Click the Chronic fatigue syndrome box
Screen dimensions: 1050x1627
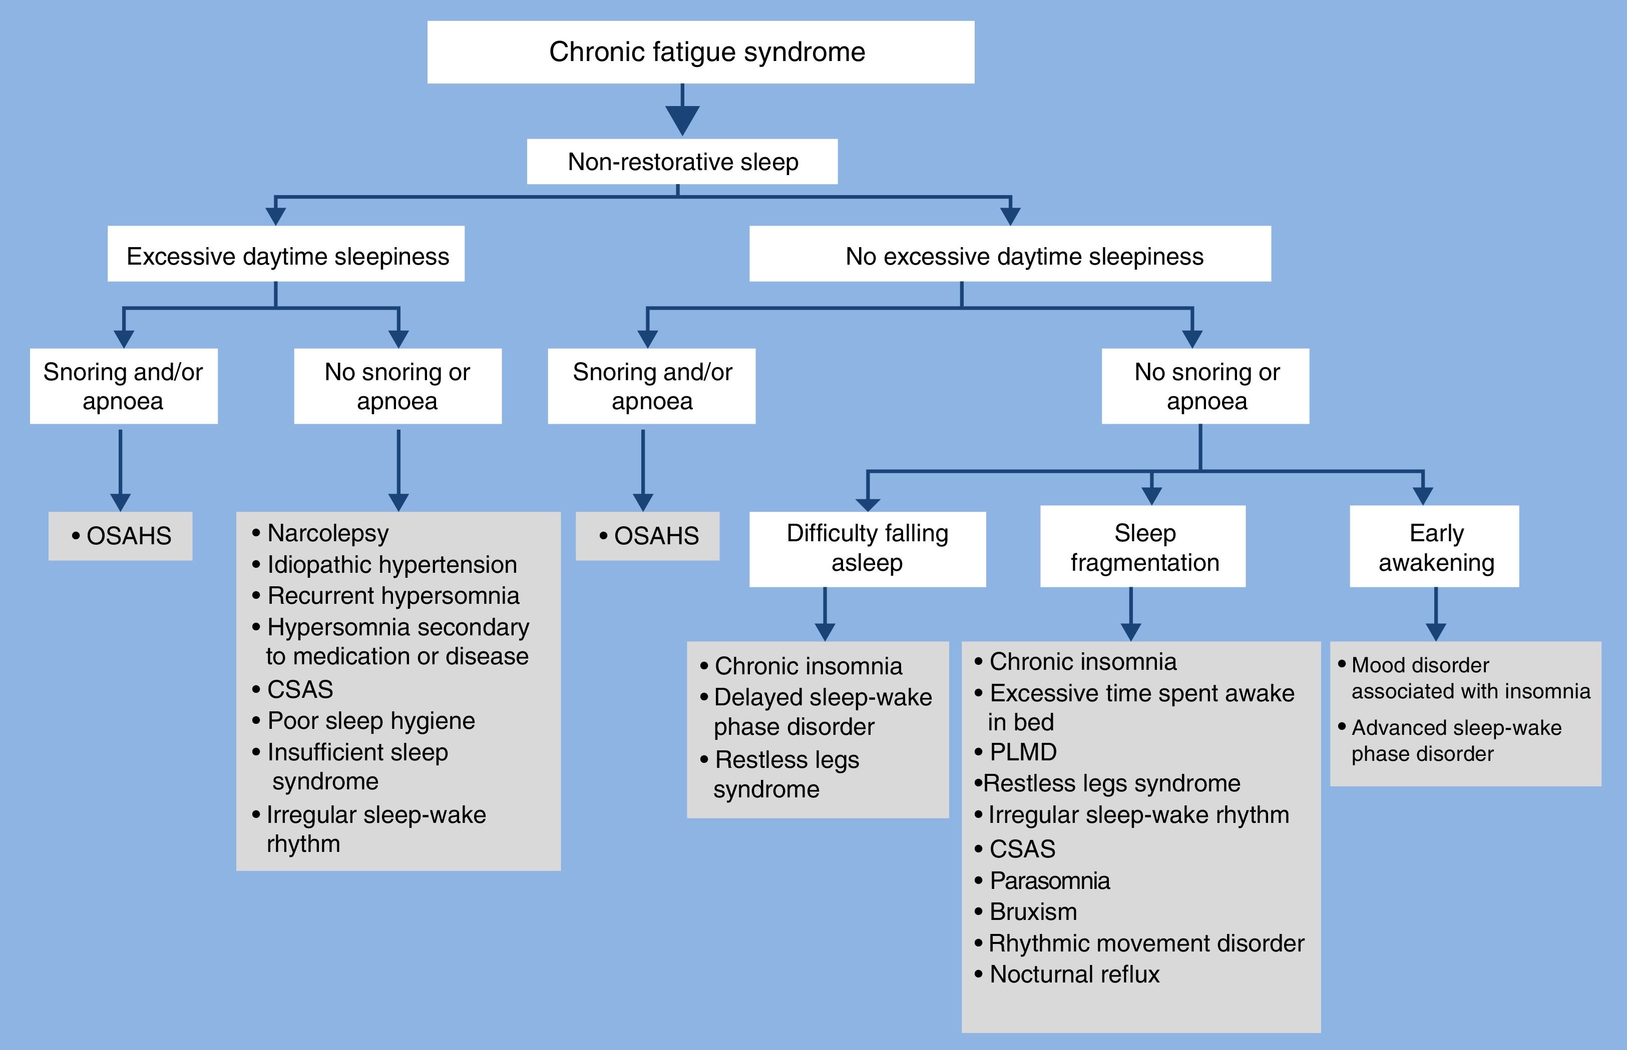click(x=700, y=53)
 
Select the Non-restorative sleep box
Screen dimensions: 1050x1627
click(x=682, y=162)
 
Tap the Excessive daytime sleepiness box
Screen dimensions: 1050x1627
click(x=286, y=254)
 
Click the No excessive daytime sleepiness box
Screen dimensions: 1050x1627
click(x=1010, y=254)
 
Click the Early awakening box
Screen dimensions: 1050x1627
click(x=1435, y=547)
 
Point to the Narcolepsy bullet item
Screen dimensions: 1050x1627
click(x=327, y=533)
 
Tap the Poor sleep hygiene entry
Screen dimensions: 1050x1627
click(x=370, y=721)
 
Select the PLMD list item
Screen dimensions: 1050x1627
click(x=1023, y=752)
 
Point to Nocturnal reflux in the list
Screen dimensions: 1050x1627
click(x=1074, y=974)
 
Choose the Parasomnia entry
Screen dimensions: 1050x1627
click(x=1049, y=881)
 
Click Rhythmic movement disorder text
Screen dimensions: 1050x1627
click(x=1145, y=943)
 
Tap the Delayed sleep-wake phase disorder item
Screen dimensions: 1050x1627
click(x=822, y=712)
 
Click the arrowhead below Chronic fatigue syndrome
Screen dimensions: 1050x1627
click(x=682, y=120)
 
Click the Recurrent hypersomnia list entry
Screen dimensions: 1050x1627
click(x=392, y=596)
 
